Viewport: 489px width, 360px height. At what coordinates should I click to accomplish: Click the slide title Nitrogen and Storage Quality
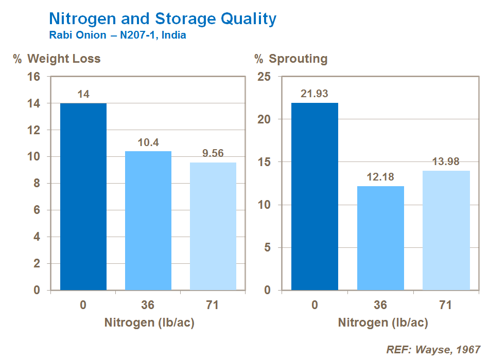[162, 19]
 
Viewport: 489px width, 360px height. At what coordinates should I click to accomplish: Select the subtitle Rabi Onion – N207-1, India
[117, 36]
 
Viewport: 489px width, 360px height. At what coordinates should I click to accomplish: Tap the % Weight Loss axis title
[57, 59]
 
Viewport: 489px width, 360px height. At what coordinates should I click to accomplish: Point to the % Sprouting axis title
[291, 59]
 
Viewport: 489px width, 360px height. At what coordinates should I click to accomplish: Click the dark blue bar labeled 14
[83, 196]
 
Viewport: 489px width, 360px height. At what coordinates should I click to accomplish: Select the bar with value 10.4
[148, 221]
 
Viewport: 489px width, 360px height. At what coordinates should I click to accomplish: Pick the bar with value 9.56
[213, 226]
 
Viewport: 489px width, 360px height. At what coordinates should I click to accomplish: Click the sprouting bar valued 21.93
[315, 196]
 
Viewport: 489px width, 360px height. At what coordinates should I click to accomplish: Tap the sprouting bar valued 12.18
[380, 238]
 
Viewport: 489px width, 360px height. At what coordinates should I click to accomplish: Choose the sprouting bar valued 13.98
[446, 230]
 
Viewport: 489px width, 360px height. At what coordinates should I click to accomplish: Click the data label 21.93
[315, 94]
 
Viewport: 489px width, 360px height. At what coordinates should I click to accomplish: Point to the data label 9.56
[213, 154]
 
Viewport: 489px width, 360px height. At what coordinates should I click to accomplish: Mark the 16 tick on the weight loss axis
[33, 77]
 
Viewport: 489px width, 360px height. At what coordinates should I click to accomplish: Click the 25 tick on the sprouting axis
[264, 77]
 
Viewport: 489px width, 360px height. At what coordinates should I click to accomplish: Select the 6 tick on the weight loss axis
[37, 210]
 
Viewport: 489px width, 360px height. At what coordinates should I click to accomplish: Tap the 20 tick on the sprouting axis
[264, 119]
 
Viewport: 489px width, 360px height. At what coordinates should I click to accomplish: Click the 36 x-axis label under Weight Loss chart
[148, 305]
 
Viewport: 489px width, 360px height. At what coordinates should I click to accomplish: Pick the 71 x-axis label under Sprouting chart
[446, 305]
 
